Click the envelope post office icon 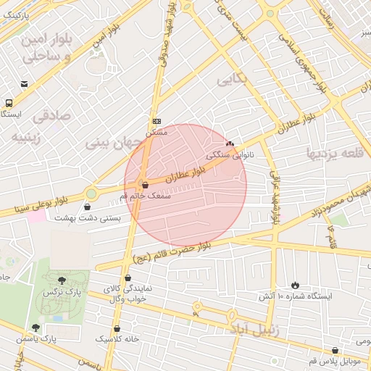pos(25,84)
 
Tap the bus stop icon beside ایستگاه pos(9,103)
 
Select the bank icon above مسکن pos(157,121)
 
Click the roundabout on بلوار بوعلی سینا pos(91,193)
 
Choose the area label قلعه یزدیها pos(333,153)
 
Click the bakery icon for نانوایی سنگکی pos(230,144)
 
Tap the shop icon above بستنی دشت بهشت pos(87,207)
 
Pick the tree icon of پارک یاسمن pos(36,328)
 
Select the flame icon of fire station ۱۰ pos(295,285)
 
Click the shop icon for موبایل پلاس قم pos(335,351)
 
